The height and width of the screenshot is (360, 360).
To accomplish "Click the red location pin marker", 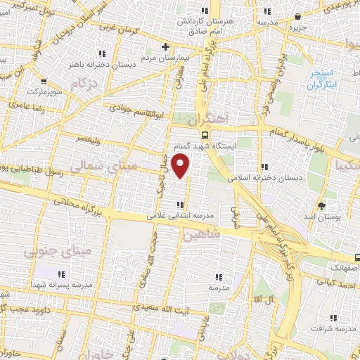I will pos(181,166).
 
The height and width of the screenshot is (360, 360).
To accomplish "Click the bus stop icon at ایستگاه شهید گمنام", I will pos(204,135).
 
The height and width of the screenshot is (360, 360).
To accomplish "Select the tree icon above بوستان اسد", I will pos(322,206).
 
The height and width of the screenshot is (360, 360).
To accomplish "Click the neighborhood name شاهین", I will pos(202,236).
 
